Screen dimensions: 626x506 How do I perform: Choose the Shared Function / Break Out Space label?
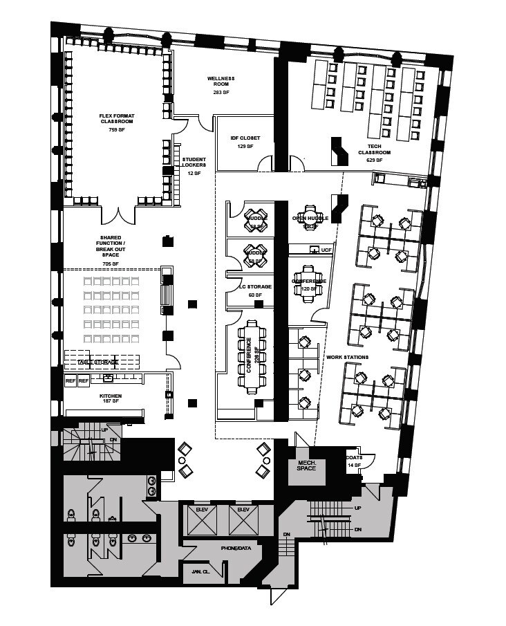(x=111, y=250)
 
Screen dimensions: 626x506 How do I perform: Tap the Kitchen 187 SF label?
(x=111, y=398)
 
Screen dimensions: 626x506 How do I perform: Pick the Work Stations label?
(x=348, y=357)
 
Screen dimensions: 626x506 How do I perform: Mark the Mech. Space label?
(x=306, y=465)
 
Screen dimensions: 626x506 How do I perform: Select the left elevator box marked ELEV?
(x=202, y=519)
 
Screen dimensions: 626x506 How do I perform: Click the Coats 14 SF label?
(x=355, y=461)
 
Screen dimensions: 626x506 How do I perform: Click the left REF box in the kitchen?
(x=71, y=381)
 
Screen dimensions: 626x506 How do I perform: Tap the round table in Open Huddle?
(x=308, y=217)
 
